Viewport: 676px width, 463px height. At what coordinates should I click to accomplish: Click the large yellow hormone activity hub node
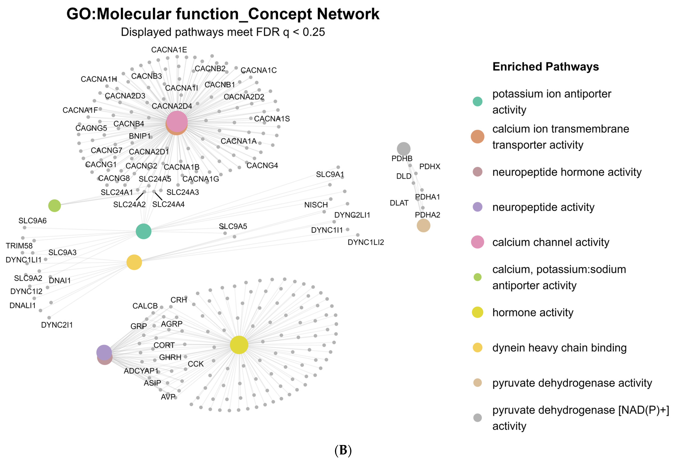[239, 345]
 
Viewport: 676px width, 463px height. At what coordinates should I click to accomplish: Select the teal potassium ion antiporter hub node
[143, 231]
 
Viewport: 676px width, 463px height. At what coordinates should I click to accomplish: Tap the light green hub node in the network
[54, 206]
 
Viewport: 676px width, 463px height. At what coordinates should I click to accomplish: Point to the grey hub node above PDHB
[403, 149]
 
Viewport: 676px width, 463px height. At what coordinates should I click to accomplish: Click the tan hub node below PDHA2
[423, 226]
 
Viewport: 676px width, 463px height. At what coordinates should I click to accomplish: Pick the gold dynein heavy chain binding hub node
[134, 262]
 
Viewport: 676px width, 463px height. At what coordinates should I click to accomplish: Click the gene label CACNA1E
[169, 50]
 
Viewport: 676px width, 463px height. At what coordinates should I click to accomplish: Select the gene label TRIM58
[19, 246]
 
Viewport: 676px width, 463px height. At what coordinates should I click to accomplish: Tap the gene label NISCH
[316, 205]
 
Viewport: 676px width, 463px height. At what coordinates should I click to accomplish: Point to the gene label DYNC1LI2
[366, 242]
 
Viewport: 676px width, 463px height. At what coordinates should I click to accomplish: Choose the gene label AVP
[168, 397]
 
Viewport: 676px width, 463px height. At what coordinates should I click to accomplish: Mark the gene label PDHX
[430, 167]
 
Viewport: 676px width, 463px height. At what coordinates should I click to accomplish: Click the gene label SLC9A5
[233, 226]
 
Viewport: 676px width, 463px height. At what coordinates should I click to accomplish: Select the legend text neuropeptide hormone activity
[567, 172]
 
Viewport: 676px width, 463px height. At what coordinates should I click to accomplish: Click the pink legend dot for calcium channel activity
[477, 242]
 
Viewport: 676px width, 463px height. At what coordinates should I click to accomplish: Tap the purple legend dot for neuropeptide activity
[477, 207]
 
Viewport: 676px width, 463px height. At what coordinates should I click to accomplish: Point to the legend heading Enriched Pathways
[545, 67]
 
